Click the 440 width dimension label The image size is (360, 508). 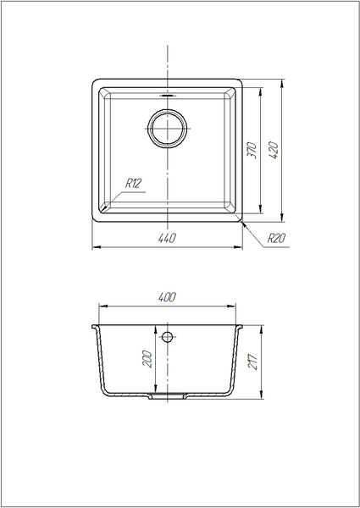(x=167, y=238)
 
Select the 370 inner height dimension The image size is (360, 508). (x=252, y=151)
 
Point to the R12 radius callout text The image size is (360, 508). (x=134, y=184)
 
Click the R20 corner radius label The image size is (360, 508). (x=276, y=238)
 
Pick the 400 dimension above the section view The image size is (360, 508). (x=167, y=297)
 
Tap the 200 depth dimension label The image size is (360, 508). (x=147, y=358)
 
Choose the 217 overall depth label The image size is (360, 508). (x=252, y=362)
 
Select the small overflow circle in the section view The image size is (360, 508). (x=167, y=337)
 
